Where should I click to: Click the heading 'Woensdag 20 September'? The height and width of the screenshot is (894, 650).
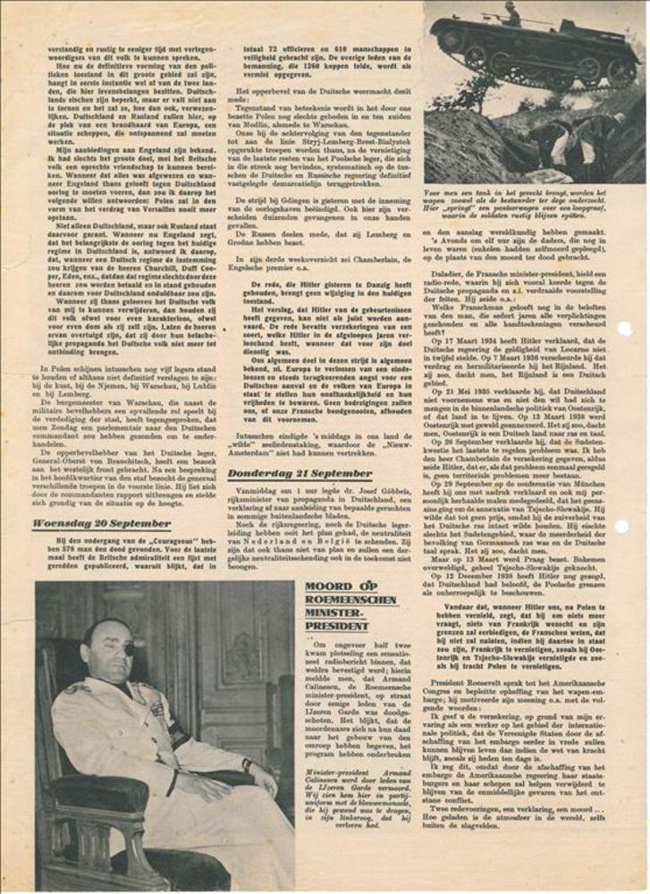point(100,525)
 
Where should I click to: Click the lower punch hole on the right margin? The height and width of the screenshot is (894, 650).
point(624,526)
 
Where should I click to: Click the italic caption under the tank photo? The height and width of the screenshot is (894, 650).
point(532,203)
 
